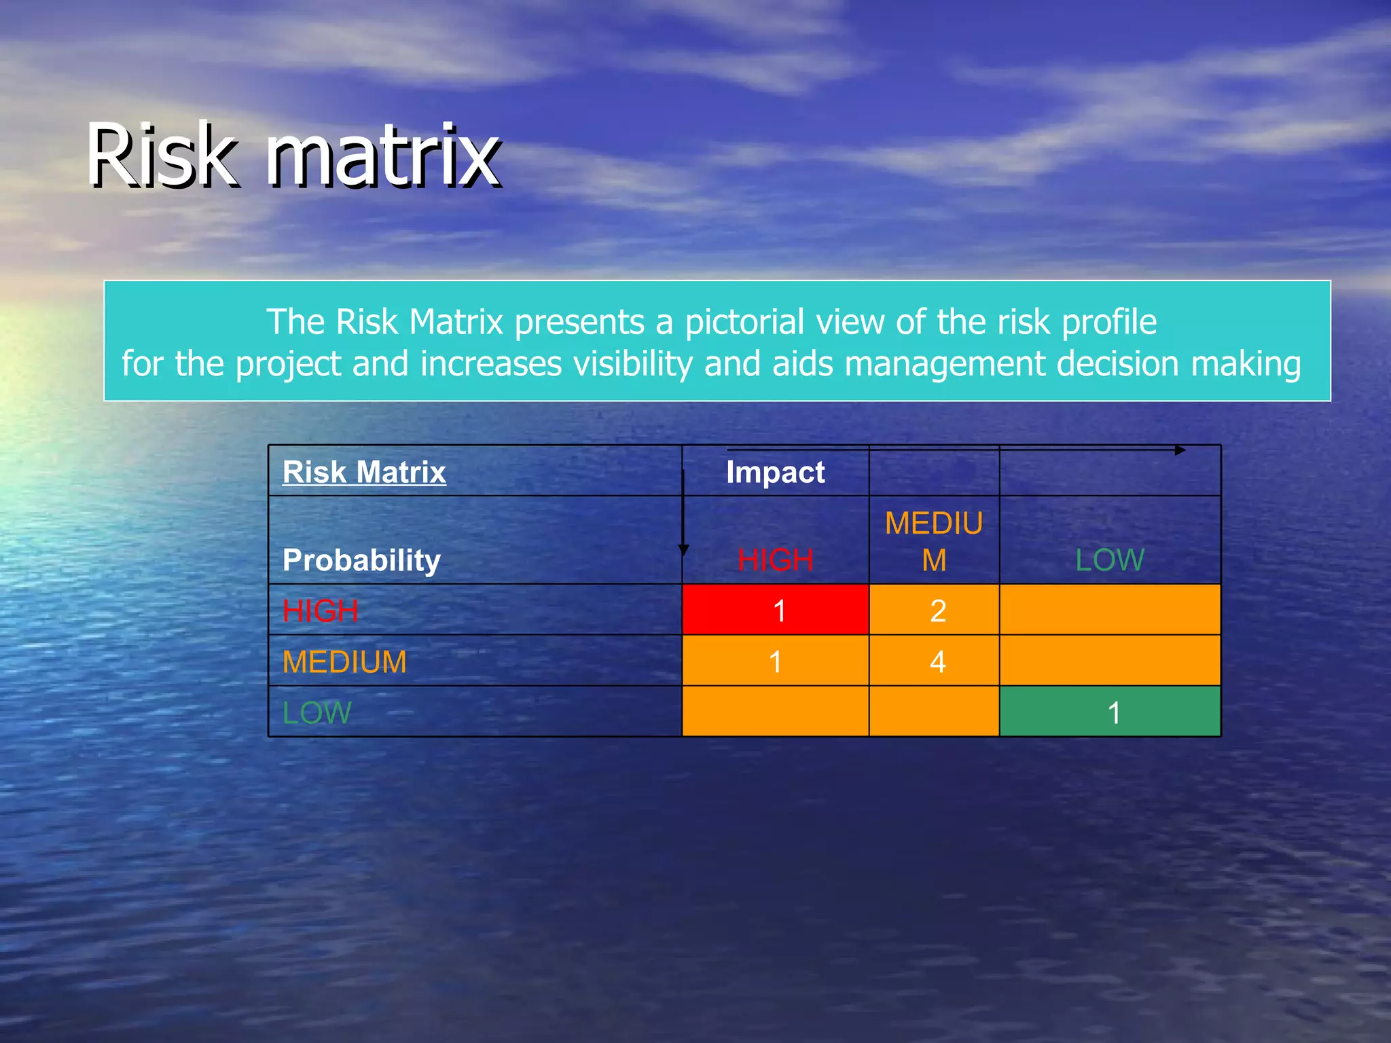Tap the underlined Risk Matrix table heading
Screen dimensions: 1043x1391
point(364,472)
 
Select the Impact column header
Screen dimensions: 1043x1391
point(775,472)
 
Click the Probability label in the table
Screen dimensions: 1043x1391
point(361,560)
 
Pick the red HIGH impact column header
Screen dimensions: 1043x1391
point(775,560)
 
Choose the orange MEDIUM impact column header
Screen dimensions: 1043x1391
point(934,541)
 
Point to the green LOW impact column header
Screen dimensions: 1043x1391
point(1110,560)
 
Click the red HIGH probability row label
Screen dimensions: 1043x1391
point(320,610)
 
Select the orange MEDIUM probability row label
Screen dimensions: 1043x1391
point(344,661)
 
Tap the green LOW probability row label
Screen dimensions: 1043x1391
point(317,712)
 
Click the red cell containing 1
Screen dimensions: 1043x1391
point(776,610)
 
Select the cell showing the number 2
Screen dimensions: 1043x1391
point(935,610)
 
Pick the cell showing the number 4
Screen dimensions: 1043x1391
point(935,661)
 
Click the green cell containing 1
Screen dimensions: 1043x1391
point(1110,712)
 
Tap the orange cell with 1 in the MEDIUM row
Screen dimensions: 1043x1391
point(776,661)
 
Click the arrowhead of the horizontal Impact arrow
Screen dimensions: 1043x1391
point(1180,450)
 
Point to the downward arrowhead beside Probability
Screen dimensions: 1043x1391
point(683,549)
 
